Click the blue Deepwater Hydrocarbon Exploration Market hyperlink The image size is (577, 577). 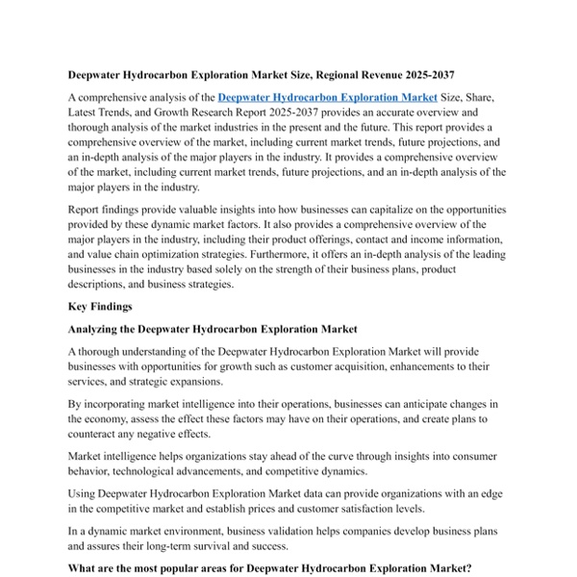(x=328, y=97)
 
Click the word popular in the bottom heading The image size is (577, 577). (x=180, y=568)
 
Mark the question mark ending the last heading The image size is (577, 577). (x=471, y=568)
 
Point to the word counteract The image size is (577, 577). (x=97, y=435)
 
